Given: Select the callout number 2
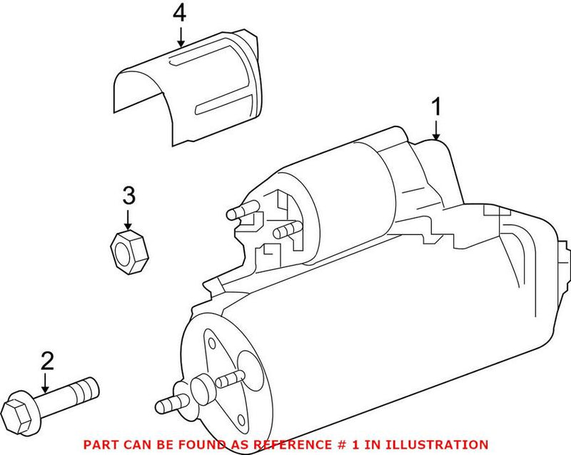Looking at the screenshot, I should click(x=47, y=361).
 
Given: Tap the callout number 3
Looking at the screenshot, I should click(x=128, y=194).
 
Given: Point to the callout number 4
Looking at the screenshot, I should click(x=181, y=12).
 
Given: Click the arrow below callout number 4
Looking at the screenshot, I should click(x=181, y=35).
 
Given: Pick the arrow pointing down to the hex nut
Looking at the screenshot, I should click(x=128, y=217).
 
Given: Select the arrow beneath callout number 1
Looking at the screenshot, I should click(x=435, y=129).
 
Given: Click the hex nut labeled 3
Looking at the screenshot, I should click(x=128, y=248).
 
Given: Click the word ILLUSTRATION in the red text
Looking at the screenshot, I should click(x=445, y=444).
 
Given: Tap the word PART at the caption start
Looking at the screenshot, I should click(x=100, y=444).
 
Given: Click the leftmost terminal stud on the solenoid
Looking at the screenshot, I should click(x=239, y=211).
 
